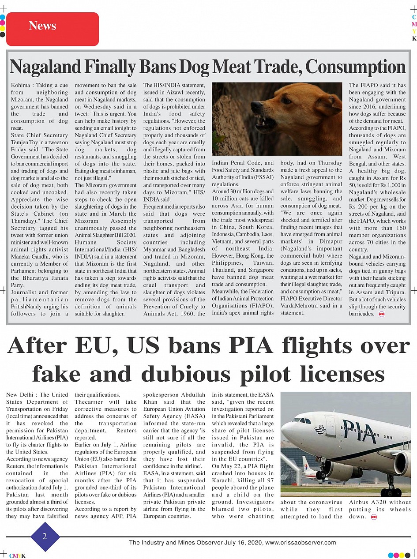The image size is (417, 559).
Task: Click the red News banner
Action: pyautogui.click(x=52, y=29)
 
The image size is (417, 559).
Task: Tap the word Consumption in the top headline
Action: pyautogui.click(x=355, y=67)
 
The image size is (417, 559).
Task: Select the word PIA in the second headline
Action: pyautogui.click(x=238, y=346)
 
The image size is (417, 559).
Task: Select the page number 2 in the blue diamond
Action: pyautogui.click(x=45, y=536)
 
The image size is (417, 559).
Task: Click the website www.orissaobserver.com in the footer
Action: pyautogui.click(x=301, y=543)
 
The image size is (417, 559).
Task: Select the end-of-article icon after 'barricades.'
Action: pyautogui.click(x=381, y=314)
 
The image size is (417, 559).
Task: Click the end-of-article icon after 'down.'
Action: pyautogui.click(x=373, y=517)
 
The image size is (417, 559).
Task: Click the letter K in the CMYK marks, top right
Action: pyautogui.click(x=414, y=38)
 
